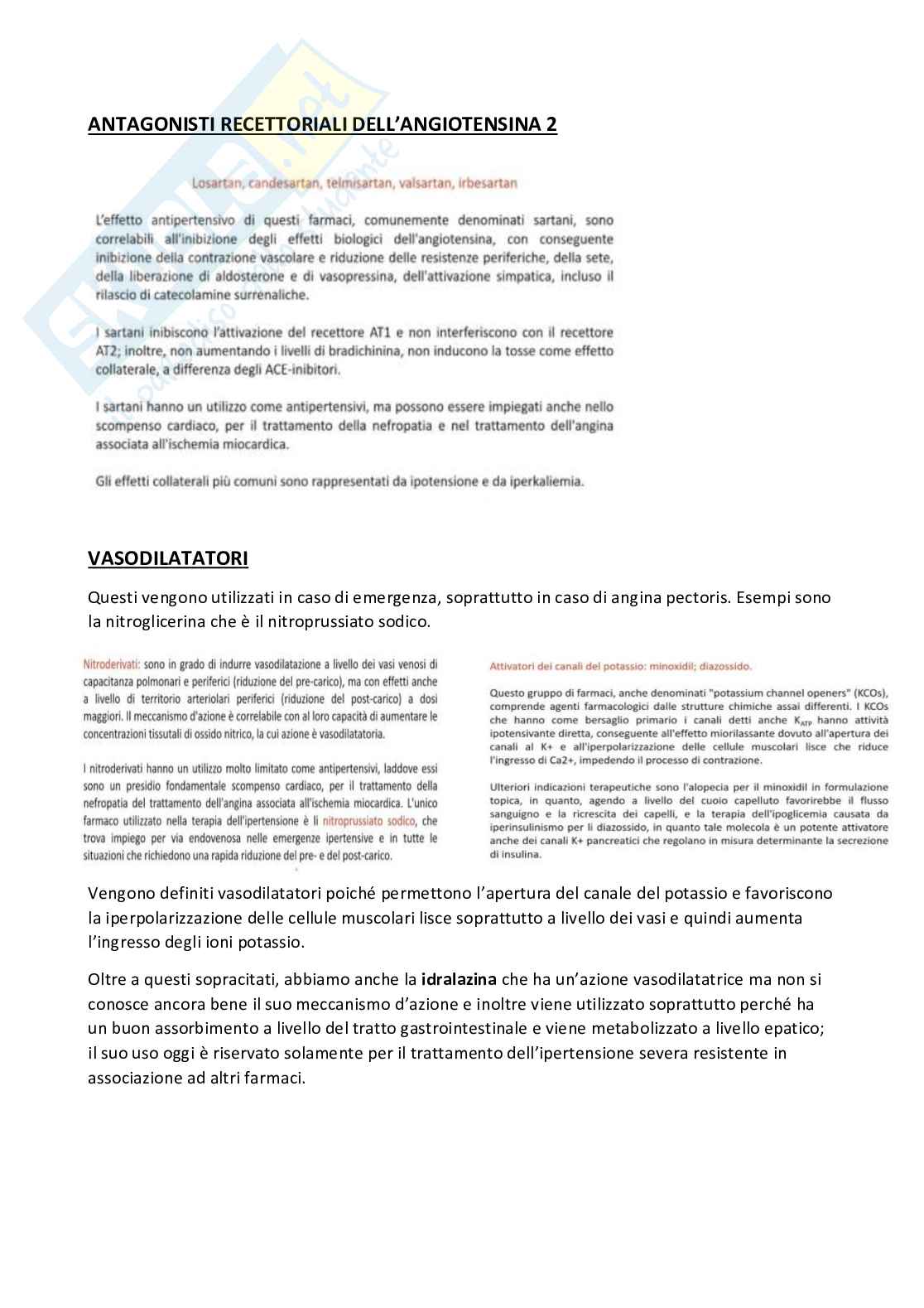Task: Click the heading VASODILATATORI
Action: coord(167,559)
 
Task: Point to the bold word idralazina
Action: coord(459,980)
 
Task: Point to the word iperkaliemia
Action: coord(546,481)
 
